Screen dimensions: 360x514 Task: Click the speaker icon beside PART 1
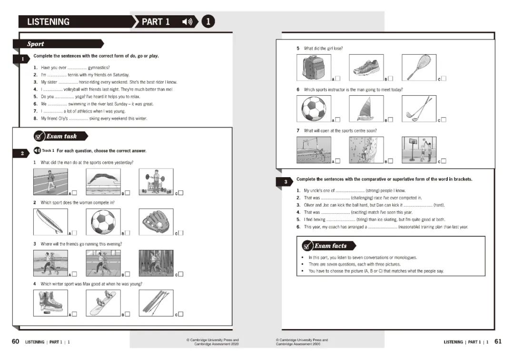[x=188, y=22]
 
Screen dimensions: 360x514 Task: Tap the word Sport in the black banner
[x=36, y=44]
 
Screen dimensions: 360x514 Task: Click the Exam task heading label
[x=61, y=137]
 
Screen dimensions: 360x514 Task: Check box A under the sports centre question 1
[x=74, y=193]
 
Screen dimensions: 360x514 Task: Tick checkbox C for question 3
[x=180, y=274]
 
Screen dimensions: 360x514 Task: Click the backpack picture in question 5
[x=313, y=67]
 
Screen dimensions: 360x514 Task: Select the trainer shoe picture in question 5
[x=366, y=67]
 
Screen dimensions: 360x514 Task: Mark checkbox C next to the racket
[x=444, y=79]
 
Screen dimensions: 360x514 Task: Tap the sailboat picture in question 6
[x=366, y=109]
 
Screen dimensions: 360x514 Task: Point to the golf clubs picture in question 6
[x=419, y=109]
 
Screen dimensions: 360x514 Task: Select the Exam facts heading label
[x=329, y=246]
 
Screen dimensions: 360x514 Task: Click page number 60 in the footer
[x=16, y=342]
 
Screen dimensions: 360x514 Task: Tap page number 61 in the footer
[x=498, y=341]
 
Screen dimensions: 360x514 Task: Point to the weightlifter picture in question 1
[x=156, y=182]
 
